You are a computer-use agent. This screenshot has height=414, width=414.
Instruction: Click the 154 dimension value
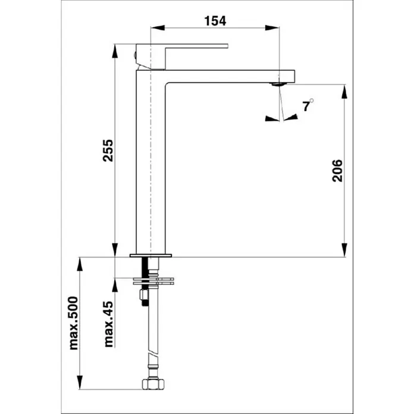click(215, 21)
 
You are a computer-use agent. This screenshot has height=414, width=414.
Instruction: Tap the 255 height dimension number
click(108, 150)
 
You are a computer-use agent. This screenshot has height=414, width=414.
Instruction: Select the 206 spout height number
click(337, 171)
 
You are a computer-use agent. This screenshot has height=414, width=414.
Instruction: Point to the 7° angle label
click(308, 105)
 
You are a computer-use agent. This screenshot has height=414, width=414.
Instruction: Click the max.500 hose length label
click(73, 323)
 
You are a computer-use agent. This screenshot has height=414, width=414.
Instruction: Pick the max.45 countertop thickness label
click(109, 324)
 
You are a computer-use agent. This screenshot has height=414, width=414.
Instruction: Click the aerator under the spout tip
click(278, 84)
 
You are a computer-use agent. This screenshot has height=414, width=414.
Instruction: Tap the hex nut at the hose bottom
click(153, 384)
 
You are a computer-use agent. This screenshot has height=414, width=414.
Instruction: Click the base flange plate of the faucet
click(150, 255)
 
